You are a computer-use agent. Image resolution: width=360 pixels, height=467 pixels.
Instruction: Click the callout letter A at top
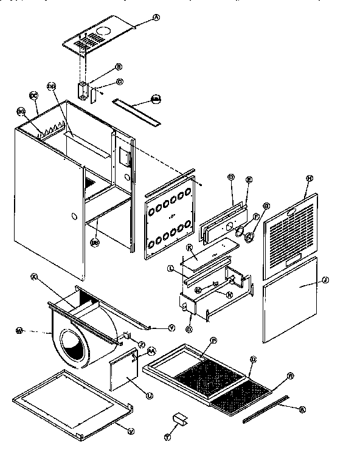tap(156, 18)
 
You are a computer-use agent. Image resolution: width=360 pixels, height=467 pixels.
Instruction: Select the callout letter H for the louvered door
tap(310, 178)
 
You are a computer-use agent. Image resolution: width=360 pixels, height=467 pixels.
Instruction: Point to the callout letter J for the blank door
tap(325, 280)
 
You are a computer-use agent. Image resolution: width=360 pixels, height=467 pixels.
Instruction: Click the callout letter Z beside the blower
tap(141, 344)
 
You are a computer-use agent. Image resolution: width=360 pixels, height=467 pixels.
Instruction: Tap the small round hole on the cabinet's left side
tap(73, 216)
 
